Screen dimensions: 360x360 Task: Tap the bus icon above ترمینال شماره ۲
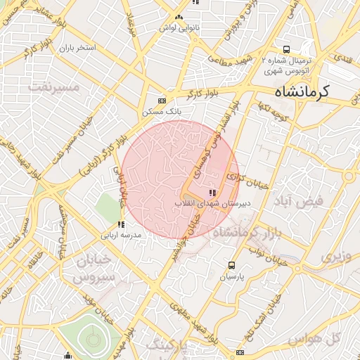pyautogui.click(x=286, y=49)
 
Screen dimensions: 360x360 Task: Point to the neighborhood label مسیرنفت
pyautogui.click(x=53, y=87)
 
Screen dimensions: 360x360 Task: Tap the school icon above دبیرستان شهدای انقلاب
pyautogui.click(x=212, y=193)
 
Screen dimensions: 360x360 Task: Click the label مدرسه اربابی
pyautogui.click(x=121, y=236)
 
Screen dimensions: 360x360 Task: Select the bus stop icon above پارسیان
pyautogui.click(x=232, y=265)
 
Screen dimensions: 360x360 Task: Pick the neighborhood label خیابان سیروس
pyautogui.click(x=94, y=269)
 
